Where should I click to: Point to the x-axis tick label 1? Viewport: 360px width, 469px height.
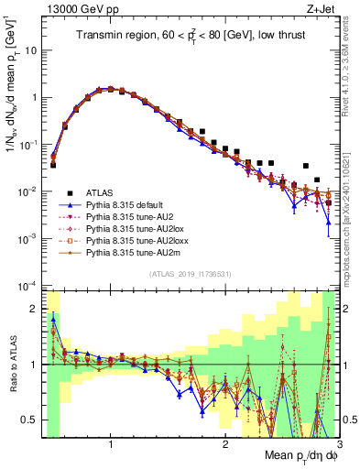pyautogui.click(x=111, y=446)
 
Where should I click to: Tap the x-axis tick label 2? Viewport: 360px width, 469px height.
pyautogui.click(x=225, y=446)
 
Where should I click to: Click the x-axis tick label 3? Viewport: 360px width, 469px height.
pyautogui.click(x=339, y=446)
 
